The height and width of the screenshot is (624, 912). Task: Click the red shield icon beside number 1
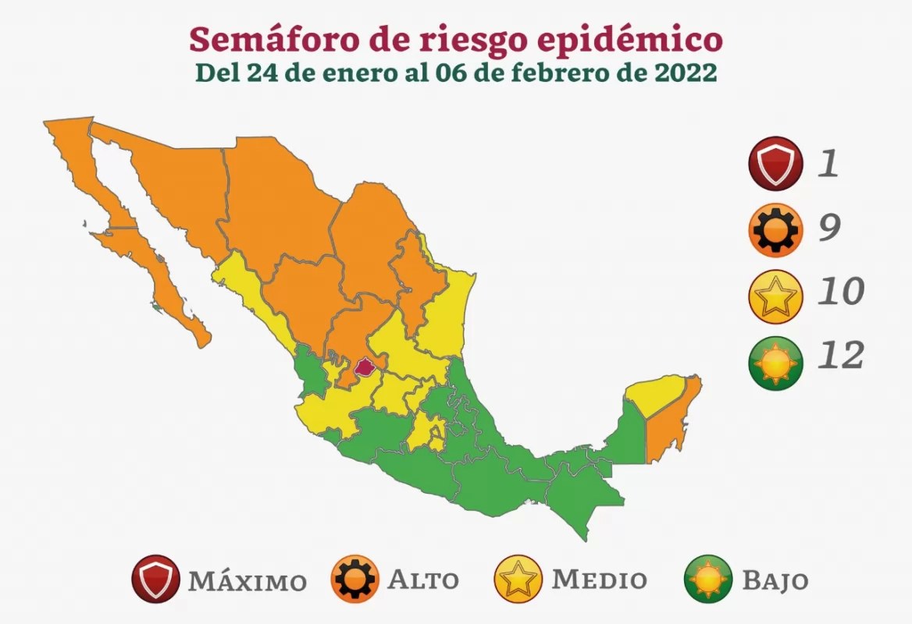[773, 165]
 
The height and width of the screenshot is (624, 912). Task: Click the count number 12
[840, 356]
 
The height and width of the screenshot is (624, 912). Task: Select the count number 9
[829, 228]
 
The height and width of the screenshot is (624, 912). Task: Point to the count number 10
[840, 292]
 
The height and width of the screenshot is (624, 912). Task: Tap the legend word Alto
[423, 580]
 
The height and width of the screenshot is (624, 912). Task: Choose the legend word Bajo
[775, 581]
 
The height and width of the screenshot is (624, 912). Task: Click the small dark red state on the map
[365, 366]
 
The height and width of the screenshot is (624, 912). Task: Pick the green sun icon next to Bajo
[708, 579]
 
